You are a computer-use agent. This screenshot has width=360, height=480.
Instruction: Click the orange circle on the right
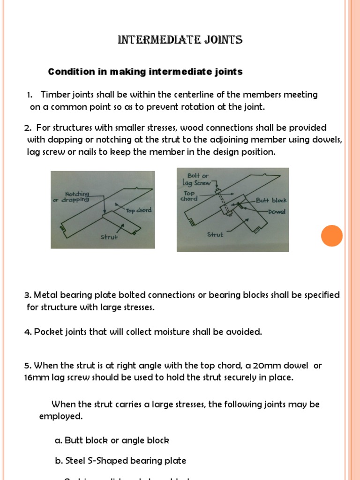(x=332, y=235)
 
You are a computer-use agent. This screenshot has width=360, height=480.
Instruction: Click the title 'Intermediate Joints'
(x=180, y=40)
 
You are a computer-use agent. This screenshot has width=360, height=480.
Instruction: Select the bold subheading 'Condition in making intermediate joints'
(x=145, y=72)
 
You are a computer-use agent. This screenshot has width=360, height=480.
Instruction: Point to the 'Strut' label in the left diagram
(x=109, y=237)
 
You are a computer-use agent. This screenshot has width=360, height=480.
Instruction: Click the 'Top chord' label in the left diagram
(x=138, y=210)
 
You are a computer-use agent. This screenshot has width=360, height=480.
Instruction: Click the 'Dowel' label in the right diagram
(x=277, y=211)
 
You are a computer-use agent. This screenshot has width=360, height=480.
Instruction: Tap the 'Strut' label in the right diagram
(x=215, y=234)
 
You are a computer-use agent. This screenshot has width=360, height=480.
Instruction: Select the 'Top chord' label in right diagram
(x=189, y=195)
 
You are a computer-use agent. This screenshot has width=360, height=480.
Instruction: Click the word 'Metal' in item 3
(x=45, y=295)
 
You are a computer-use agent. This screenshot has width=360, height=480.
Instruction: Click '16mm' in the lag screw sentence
(x=35, y=378)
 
